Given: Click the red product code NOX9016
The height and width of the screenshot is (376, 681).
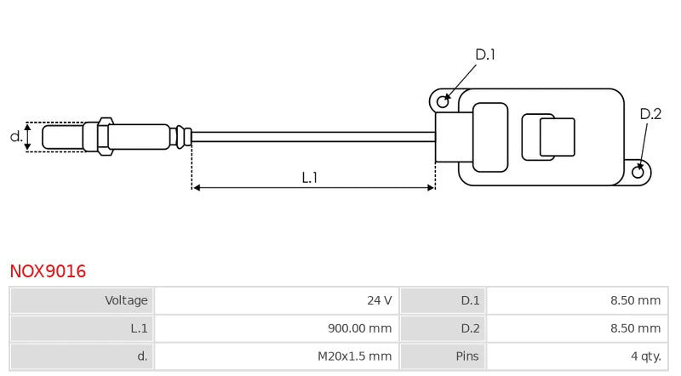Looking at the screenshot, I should click(48, 271).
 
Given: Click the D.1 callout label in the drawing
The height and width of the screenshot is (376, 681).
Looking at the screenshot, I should click(485, 55).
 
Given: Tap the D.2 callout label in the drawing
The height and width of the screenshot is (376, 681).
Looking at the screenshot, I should click(650, 114).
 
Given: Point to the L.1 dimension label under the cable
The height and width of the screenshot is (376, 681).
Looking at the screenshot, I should click(310, 177).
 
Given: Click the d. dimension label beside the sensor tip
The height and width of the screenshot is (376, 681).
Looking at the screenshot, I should click(15, 136).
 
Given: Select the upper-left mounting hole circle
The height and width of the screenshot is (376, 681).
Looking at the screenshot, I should click(443, 102).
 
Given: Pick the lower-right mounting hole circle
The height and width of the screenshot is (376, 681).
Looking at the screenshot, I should click(638, 172).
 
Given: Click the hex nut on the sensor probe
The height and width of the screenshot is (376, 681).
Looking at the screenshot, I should click(105, 136).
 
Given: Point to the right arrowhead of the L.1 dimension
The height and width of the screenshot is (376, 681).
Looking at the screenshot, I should click(432, 187).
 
